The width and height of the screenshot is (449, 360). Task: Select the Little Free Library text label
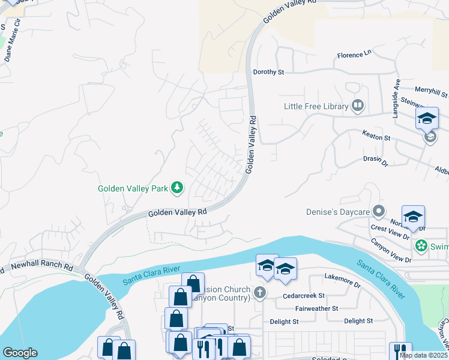tap(316, 107)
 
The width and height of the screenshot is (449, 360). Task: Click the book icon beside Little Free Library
tap(358, 106)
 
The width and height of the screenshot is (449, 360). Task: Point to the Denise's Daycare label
tap(337, 211)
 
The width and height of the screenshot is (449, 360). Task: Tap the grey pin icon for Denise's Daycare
tap(379, 211)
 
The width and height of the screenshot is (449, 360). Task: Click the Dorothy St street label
tap(268, 72)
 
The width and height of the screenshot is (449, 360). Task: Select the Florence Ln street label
tap(354, 54)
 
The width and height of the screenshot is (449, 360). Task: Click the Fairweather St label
tap(318, 308)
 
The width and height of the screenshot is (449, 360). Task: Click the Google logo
tap(20, 353)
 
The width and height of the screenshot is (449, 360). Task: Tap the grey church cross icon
tap(259, 293)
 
